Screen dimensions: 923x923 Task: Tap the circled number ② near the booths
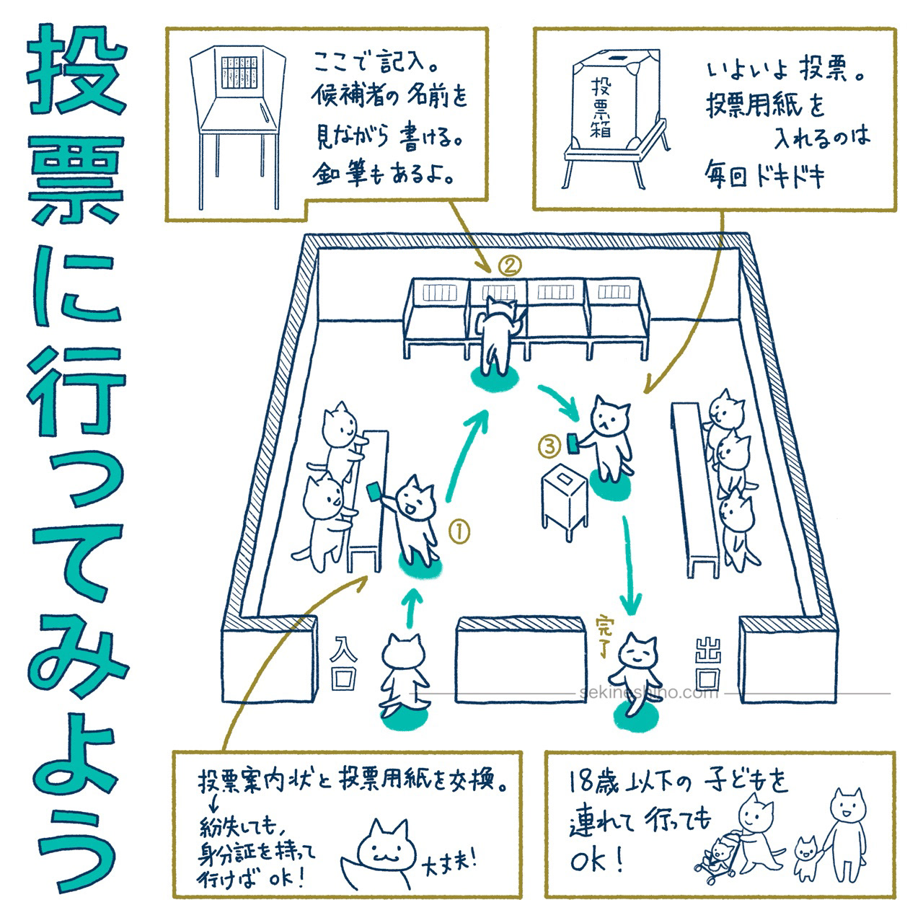pos(507,266)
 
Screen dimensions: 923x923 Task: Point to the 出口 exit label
pos(706,663)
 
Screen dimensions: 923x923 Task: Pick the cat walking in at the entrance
pos(404,671)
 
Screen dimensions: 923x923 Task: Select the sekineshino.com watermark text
pos(649,693)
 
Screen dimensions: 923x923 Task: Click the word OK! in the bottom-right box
pos(595,863)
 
